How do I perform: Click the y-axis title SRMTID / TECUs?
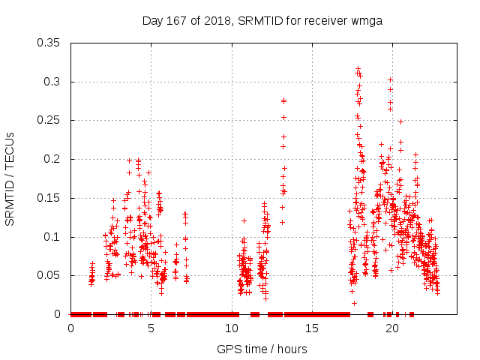point(10,178)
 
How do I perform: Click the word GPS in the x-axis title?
point(229,349)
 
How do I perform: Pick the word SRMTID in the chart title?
point(259,21)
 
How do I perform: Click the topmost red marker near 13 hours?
point(283,100)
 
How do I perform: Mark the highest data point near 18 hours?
point(358,68)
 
